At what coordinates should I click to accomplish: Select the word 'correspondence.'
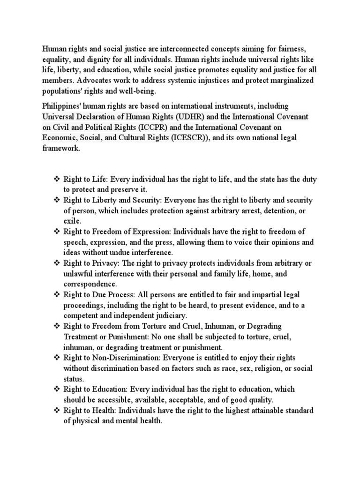click(x=90, y=284)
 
